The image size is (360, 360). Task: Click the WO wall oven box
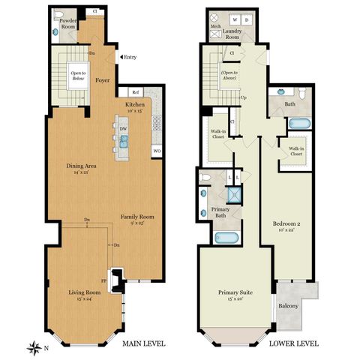(x=157, y=151)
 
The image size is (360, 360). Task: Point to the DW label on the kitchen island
(x=123, y=127)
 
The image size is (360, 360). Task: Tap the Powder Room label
(x=69, y=22)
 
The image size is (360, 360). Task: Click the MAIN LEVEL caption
(x=143, y=343)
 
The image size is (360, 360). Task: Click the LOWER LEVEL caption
(x=293, y=343)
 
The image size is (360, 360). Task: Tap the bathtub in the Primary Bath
(x=226, y=238)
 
